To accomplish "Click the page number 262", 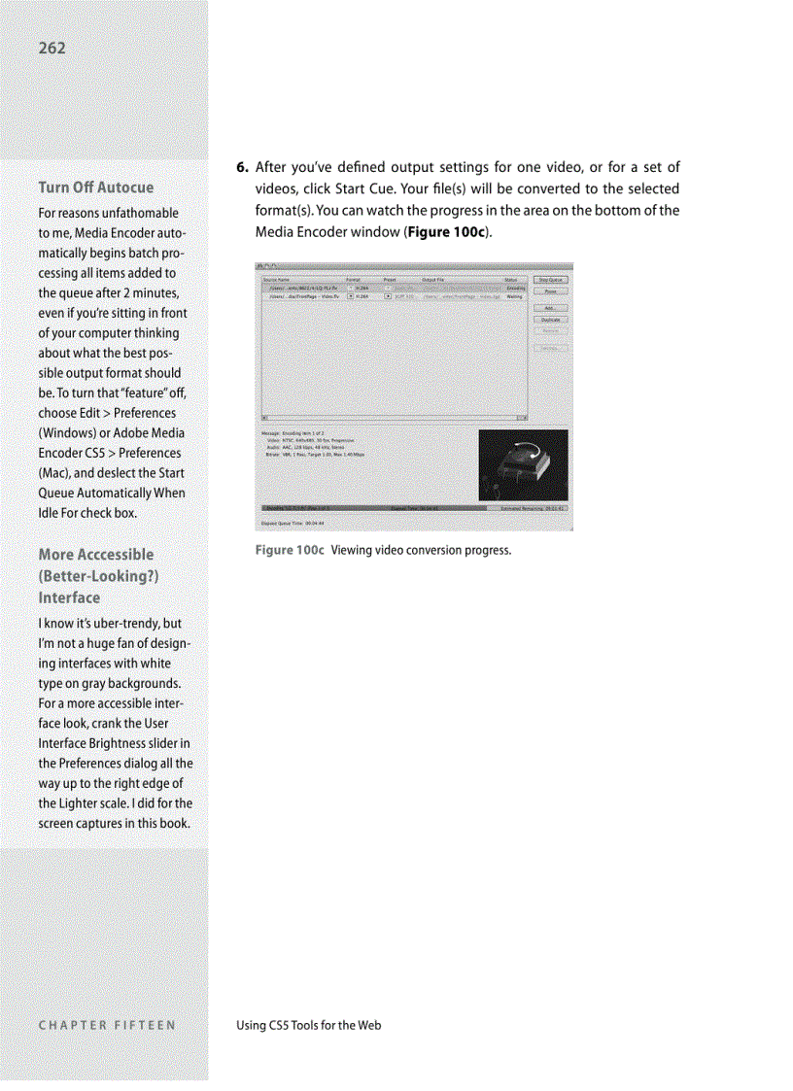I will click(x=53, y=48).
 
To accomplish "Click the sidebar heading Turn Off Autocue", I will click(x=95, y=187).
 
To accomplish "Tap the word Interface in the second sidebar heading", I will click(x=69, y=597).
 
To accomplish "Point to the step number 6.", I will click(x=243, y=168).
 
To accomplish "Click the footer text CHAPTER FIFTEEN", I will click(x=107, y=1025).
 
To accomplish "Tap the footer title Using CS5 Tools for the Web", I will click(x=309, y=1025).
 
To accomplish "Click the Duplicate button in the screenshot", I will click(x=550, y=319).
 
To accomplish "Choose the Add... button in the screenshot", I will click(x=550, y=307).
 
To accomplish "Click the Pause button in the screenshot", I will click(x=550, y=290).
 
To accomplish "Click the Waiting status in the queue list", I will click(x=515, y=297).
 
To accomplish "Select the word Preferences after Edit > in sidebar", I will click(x=145, y=413).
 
